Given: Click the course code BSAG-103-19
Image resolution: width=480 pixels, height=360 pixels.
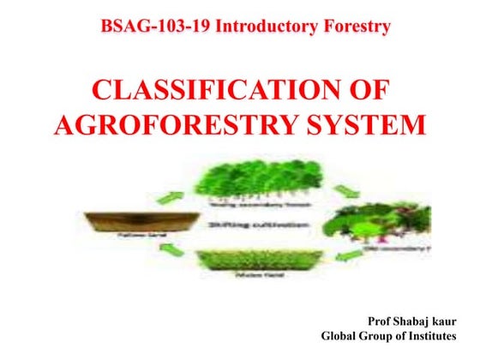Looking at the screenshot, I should tap(155, 27).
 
